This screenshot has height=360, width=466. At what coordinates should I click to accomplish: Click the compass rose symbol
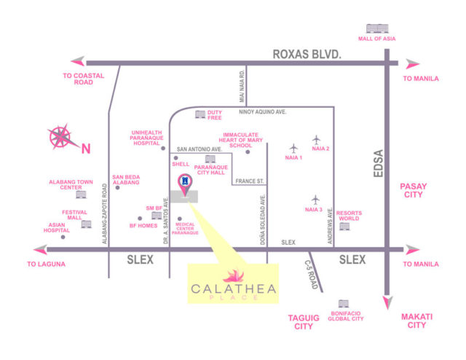click(60, 136)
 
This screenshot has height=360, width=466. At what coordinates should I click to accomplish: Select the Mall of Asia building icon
click(375, 29)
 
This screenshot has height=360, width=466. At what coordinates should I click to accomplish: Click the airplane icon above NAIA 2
click(317, 139)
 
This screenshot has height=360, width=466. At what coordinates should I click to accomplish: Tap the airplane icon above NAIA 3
click(315, 199)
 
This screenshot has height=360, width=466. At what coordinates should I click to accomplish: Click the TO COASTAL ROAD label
click(84, 79)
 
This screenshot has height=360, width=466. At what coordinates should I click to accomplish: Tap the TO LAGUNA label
click(47, 265)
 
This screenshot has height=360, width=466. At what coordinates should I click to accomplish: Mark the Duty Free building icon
click(200, 114)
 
